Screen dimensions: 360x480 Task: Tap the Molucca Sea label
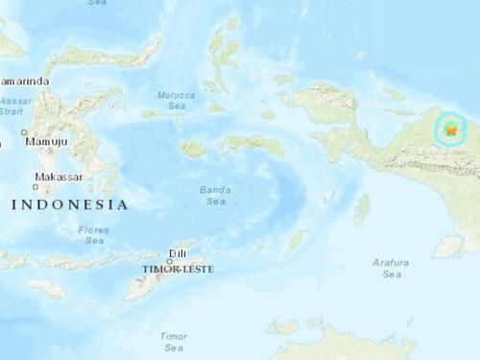click(177, 99)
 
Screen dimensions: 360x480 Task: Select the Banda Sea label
click(214, 196)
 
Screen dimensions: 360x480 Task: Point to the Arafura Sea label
click(392, 268)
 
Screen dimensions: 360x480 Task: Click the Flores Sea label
click(94, 234)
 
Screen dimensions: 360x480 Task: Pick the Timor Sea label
click(174, 342)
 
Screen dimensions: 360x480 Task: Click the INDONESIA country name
click(69, 204)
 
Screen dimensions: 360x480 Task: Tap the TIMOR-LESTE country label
click(179, 270)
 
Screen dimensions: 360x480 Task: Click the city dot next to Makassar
click(33, 187)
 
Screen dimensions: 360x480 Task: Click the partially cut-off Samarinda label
click(25, 82)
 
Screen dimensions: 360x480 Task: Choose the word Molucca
click(177, 93)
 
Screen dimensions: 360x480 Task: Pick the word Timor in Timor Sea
click(174, 336)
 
